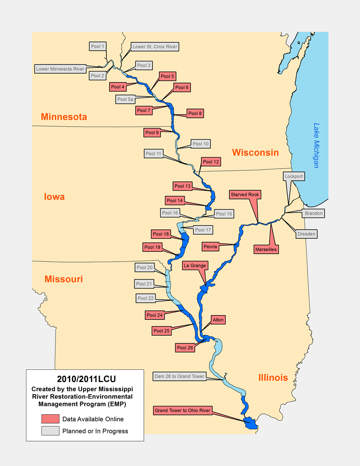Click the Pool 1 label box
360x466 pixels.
coord(97,46)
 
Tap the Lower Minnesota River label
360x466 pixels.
coord(60,69)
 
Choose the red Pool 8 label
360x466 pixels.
coord(195,113)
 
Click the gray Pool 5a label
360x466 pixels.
coord(125,99)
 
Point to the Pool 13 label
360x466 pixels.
coord(183,186)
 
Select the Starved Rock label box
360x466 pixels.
coord(245,194)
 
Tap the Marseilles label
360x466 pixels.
coord(266,249)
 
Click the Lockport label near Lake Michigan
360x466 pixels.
coord(294,176)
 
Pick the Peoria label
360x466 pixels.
coord(210,246)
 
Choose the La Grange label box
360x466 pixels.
coord(195,266)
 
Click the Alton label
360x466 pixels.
coord(218,319)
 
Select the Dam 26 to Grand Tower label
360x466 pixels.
coord(179,376)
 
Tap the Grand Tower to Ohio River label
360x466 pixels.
coord(183,410)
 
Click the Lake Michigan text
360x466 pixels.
coord(316,145)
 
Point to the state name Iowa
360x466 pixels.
coord(54,197)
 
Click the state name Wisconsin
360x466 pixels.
coord(255,152)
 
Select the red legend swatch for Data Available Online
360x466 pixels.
coord(50,419)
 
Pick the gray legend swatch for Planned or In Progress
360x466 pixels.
coord(50,431)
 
